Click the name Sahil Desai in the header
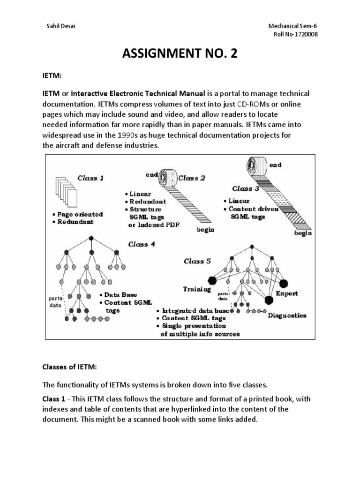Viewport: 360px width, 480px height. click(59, 26)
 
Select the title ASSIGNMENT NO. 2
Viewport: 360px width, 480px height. click(180, 55)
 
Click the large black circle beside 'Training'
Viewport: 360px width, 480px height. click(212, 280)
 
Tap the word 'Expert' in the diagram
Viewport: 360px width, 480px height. click(287, 294)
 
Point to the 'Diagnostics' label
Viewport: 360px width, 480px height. click(287, 315)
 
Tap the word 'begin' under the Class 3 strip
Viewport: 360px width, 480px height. click(303, 233)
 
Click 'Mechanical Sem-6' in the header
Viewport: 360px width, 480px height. click(288, 26)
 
